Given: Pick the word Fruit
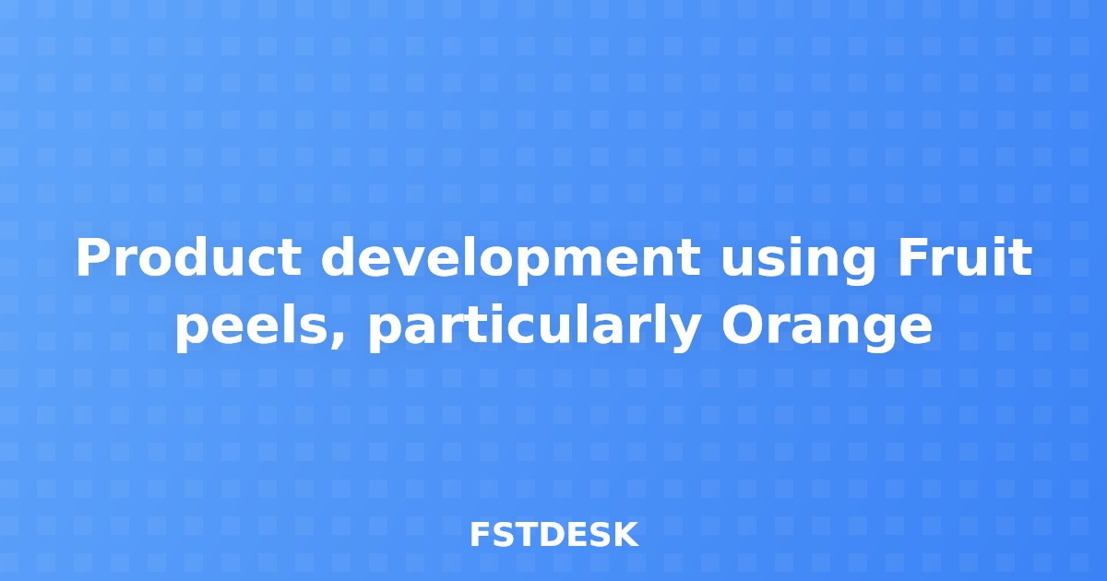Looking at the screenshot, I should pyautogui.click(x=965, y=259).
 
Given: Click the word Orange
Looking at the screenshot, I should pyautogui.click(x=827, y=328).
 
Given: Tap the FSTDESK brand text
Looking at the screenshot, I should pyautogui.click(x=553, y=535).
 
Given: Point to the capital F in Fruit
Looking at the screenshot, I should pyautogui.click(x=913, y=259).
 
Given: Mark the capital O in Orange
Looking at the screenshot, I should pyautogui.click(x=741, y=326).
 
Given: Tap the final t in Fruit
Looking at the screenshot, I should pyautogui.click(x=1021, y=259).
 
